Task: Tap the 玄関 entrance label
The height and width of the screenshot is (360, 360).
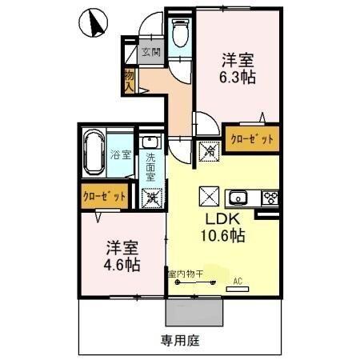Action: pyautogui.click(x=151, y=53)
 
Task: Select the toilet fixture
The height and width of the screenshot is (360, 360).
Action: pyautogui.click(x=179, y=32)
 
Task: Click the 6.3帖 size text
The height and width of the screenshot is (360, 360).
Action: pyautogui.click(x=238, y=78)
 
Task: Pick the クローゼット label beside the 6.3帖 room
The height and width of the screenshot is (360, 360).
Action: pyautogui.click(x=252, y=139)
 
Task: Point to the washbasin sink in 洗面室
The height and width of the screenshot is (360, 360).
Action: pyautogui.click(x=149, y=142)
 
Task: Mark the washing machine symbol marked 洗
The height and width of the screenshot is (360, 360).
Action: pyautogui.click(x=150, y=197)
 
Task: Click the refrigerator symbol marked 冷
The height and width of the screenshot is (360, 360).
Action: pyautogui.click(x=210, y=149)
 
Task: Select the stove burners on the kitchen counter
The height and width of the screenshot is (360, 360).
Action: pyautogui.click(x=270, y=198)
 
